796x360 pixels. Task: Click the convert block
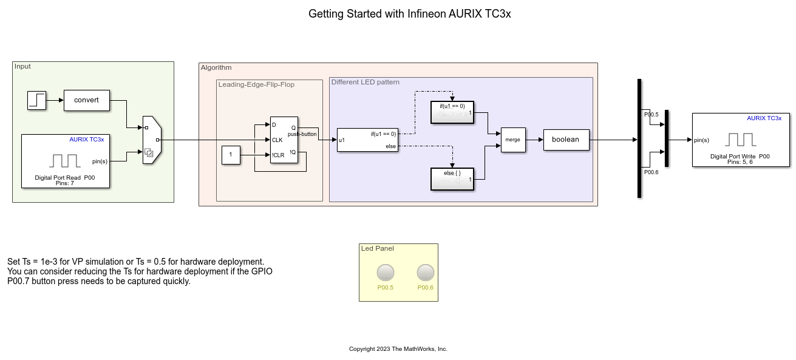click(x=86, y=100)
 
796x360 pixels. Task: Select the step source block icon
click(x=36, y=100)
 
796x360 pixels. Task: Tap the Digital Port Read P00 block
click(x=65, y=161)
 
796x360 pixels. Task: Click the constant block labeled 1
click(x=230, y=155)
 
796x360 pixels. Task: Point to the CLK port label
click(x=277, y=140)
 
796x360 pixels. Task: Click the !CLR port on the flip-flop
click(x=277, y=155)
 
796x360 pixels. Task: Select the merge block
click(x=513, y=140)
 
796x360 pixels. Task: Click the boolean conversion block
click(x=565, y=140)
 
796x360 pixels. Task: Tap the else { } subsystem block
click(x=452, y=178)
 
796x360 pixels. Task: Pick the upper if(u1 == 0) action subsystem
click(x=452, y=112)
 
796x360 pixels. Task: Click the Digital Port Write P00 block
click(x=741, y=140)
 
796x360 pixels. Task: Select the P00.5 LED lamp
click(x=385, y=273)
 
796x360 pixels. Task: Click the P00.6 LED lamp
click(x=425, y=273)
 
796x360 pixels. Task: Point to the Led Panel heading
click(x=377, y=248)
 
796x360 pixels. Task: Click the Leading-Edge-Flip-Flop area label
click(x=256, y=84)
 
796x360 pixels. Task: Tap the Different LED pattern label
click(x=366, y=82)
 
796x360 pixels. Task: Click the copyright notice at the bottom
click(x=398, y=349)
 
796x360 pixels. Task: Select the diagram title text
click(x=410, y=14)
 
